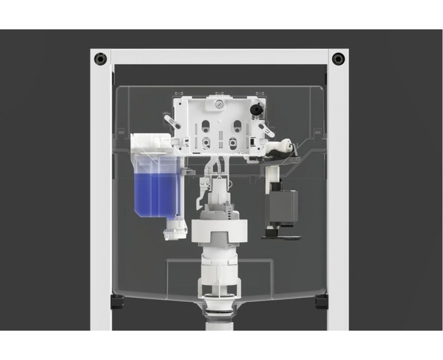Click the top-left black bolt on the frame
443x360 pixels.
[100, 58]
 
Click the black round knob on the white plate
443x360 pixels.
[255, 110]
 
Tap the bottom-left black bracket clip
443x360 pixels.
[118, 301]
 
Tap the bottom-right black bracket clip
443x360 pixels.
[321, 301]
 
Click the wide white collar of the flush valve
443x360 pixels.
[219, 230]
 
